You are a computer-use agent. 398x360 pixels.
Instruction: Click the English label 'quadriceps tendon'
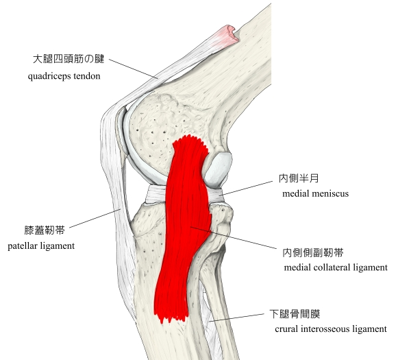click(x=64, y=76)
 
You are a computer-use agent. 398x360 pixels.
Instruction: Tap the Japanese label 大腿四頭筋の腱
click(x=69, y=59)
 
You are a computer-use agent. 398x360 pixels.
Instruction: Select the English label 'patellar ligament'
click(x=41, y=246)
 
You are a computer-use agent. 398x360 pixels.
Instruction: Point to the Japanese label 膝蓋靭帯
click(x=45, y=230)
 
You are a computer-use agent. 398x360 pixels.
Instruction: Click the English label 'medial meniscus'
click(x=316, y=193)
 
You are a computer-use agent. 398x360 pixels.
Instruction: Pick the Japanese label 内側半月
click(x=299, y=178)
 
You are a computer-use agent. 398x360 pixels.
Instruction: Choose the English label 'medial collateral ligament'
click(x=336, y=267)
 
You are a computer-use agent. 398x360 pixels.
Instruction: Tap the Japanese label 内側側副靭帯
click(x=313, y=253)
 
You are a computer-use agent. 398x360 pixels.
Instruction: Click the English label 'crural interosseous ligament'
click(x=331, y=329)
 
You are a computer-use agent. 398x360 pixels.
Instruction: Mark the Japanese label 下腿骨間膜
click(x=295, y=314)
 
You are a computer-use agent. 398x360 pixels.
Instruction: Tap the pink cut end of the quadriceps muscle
click(x=227, y=34)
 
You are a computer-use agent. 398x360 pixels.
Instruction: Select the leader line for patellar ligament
click(x=95, y=219)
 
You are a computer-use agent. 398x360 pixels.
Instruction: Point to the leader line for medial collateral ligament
click(x=234, y=237)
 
